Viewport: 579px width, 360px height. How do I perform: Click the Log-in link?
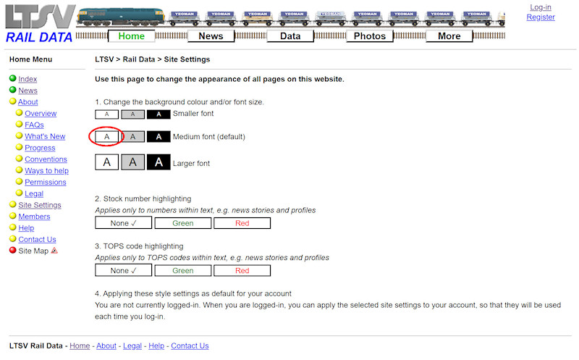540,7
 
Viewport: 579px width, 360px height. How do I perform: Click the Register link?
540,17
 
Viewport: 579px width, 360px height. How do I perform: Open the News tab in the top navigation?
211,36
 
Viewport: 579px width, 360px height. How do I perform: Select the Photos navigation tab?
370,36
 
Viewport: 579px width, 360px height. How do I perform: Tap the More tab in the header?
449,36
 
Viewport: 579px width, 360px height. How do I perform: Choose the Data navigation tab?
290,36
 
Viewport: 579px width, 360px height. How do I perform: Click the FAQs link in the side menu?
34,125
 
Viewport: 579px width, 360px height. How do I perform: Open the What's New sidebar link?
45,136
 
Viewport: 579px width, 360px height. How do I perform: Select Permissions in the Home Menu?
45,182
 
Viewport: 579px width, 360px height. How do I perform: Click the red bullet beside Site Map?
12,251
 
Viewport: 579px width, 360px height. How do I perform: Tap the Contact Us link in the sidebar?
37,239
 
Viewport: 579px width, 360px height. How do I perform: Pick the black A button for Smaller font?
159,114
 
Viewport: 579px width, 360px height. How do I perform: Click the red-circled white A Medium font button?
106,136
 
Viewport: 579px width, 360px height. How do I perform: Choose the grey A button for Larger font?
132,163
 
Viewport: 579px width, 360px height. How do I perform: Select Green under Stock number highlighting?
183,223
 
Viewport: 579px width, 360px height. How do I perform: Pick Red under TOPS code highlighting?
242,270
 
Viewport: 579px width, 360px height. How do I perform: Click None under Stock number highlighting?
124,223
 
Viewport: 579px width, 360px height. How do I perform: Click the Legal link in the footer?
132,346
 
